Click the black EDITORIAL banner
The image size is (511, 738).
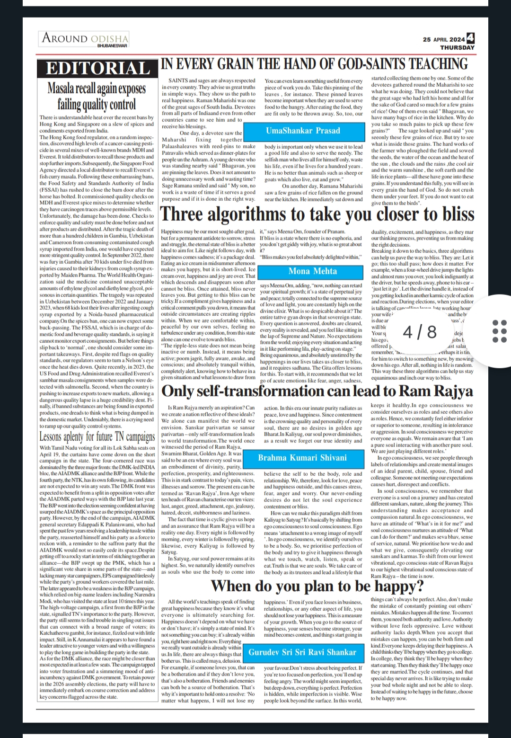click(x=98, y=69)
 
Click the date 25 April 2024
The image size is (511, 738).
click(x=444, y=40)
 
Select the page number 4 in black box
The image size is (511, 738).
click(x=470, y=38)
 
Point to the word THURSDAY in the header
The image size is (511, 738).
click(x=457, y=47)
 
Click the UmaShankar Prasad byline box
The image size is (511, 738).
click(x=303, y=131)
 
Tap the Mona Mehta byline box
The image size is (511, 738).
click(x=313, y=271)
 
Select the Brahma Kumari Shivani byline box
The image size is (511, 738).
click(x=302, y=458)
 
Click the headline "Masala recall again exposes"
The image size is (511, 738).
click(x=97, y=89)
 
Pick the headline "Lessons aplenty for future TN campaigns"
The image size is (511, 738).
click(x=97, y=436)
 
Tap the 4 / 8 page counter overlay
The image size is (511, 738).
click(x=420, y=332)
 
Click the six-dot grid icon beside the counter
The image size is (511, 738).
click(x=499, y=331)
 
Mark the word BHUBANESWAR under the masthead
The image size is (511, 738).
click(x=112, y=46)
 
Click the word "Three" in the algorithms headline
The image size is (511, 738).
click(x=183, y=214)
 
